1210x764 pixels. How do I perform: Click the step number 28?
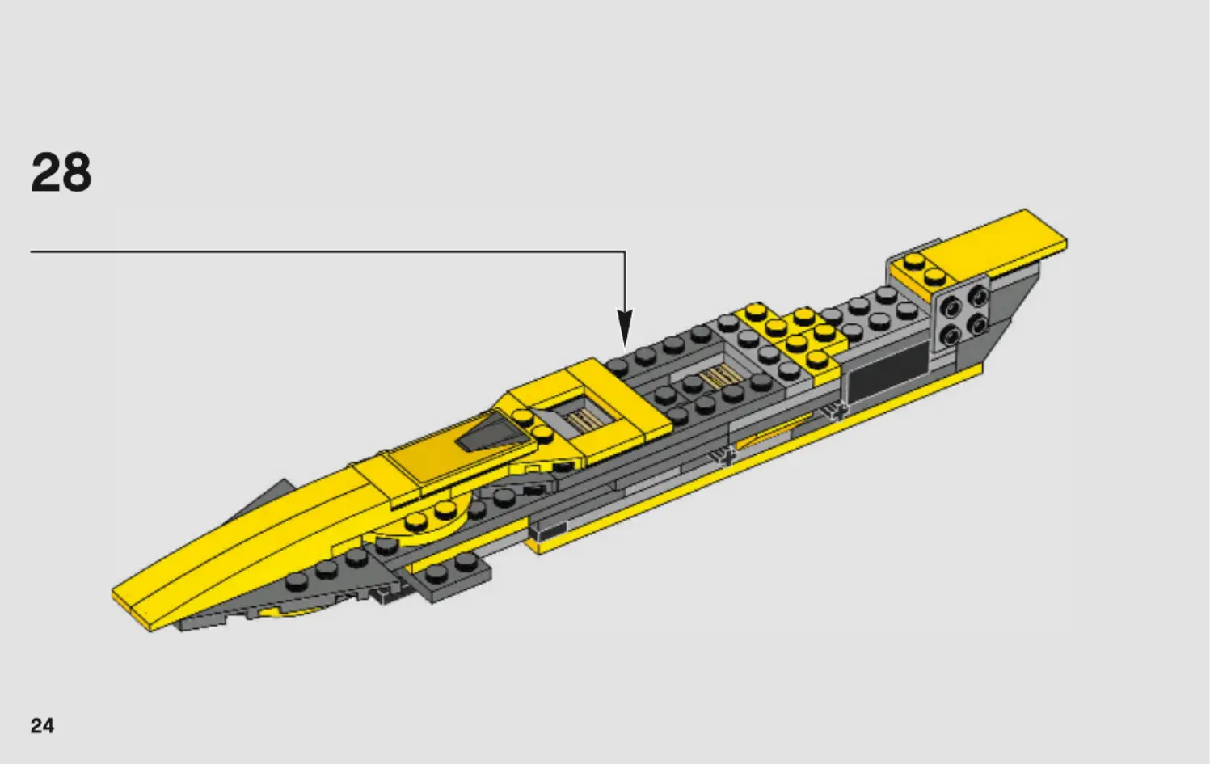tap(61, 172)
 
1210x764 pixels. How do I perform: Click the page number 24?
tap(42, 725)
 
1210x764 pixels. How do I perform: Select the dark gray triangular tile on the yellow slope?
tap(493, 433)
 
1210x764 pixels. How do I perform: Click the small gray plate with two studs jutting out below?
tap(449, 576)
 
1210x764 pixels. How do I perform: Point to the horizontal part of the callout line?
tap(323, 251)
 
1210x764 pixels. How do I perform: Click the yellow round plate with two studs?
tap(428, 521)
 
